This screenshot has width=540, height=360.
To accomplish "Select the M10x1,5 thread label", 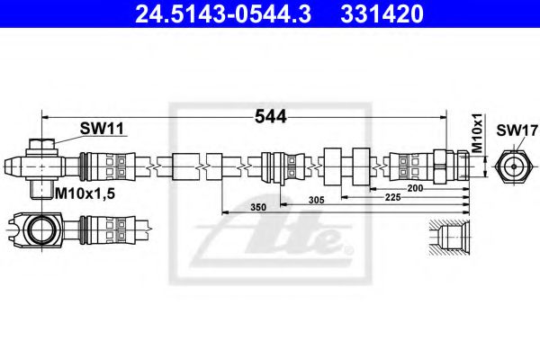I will (87, 193).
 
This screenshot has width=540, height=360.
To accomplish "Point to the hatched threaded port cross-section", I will (447, 236).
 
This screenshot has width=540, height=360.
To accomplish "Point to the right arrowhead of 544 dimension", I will (442, 117).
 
